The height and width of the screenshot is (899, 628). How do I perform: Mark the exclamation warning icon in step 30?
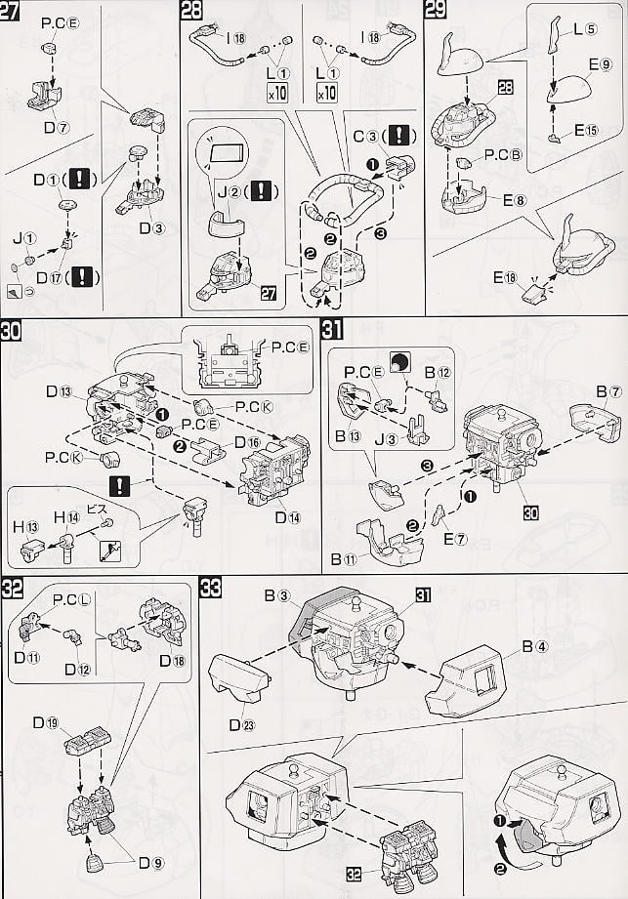click(x=120, y=485)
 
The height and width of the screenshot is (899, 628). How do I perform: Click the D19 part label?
click(x=45, y=723)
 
